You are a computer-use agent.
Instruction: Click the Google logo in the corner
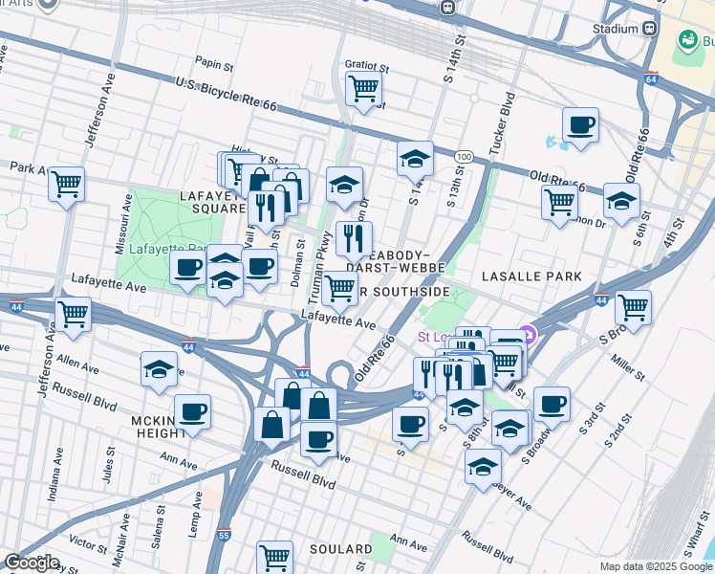[32, 563]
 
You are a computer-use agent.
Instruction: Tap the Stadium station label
[614, 29]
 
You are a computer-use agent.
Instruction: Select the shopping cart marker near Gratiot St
[364, 89]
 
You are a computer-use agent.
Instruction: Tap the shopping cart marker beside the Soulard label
[274, 557]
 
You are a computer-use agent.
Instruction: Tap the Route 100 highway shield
[463, 156]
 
